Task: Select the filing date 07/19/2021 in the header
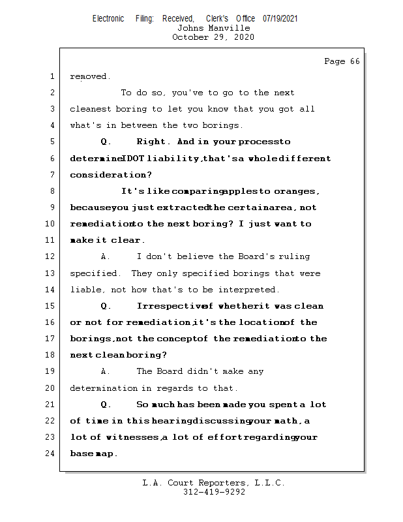(x=280, y=19)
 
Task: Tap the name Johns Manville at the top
(x=213, y=28)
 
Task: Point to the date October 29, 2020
(x=213, y=37)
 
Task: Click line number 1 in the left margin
(x=52, y=76)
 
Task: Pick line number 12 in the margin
(x=50, y=256)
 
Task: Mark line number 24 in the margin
(x=50, y=453)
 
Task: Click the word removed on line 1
(x=89, y=76)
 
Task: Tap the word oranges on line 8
(x=296, y=191)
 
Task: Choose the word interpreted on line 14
(x=250, y=290)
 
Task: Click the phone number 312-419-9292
(x=213, y=492)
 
